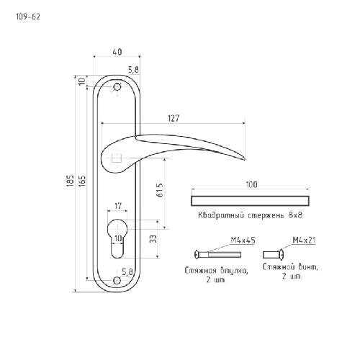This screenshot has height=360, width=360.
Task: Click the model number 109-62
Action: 28,17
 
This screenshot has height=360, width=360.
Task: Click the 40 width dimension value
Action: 117,52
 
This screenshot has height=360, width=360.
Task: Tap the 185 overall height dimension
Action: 70,180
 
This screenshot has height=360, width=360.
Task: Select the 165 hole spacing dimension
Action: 82,181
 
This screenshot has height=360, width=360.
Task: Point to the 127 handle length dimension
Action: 174,118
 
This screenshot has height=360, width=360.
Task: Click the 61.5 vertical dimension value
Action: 160,190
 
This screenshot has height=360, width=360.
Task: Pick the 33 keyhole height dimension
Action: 153,239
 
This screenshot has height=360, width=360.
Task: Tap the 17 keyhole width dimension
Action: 118,206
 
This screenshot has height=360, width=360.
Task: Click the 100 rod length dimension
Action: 251,184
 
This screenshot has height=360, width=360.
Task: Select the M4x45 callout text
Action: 243,240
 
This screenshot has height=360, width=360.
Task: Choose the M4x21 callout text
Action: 304,240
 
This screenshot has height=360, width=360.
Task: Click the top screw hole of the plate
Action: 117,86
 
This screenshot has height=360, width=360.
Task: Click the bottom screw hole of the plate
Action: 117,280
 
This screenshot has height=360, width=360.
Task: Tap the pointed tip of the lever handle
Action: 245,159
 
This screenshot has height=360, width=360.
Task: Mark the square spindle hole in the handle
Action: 117,158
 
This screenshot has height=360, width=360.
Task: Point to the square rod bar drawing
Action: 250,201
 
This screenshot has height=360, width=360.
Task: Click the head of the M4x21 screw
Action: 282,255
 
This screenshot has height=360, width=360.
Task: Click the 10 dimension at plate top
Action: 82,81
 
